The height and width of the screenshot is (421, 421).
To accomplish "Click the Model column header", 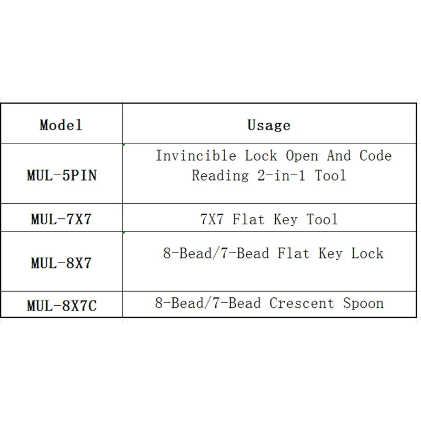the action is tap(61, 125).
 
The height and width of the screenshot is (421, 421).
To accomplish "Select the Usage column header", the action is tap(269, 125).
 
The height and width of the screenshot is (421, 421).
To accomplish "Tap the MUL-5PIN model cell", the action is tap(62, 175).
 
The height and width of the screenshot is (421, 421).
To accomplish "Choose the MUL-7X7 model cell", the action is tap(61, 219).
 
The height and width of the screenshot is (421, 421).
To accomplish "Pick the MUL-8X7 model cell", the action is tap(61, 263).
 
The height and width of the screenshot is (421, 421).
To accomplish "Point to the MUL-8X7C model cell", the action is tap(62, 306).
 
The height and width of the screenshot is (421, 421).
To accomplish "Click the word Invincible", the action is tap(196, 156).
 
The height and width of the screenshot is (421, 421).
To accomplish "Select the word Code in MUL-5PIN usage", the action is tap(375, 156).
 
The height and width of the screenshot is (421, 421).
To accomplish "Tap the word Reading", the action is tap(220, 176).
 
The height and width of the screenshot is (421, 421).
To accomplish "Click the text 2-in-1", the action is tap(282, 176).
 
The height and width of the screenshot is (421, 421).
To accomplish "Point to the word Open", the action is tap(302, 156).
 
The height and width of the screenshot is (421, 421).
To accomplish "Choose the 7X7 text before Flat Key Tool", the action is tap(212, 219).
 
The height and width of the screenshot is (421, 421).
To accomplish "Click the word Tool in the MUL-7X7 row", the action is tap(322, 219).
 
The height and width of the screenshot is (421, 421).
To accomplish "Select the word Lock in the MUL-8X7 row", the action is tap(367, 254).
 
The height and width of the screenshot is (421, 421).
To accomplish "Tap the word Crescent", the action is tap(302, 303).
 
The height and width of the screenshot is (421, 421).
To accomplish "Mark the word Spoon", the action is tap(363, 304).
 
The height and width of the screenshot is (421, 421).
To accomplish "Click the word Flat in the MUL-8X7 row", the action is tap(294, 254).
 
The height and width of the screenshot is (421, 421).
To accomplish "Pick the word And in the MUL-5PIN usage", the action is tap(339, 156).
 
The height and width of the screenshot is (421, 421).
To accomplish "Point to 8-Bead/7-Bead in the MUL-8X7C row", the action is tap(208, 303).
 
